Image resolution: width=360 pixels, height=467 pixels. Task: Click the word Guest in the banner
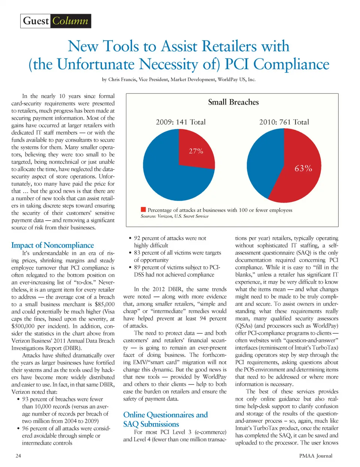pyautogui.click(x=36, y=21)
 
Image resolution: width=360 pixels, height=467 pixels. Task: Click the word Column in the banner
pyautogui.click(x=70, y=21)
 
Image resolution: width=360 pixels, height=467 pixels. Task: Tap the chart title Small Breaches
pyautogui.click(x=233, y=102)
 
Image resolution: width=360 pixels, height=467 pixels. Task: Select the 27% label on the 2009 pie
pyautogui.click(x=196, y=151)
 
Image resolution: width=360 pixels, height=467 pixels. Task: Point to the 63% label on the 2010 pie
pyautogui.click(x=303, y=168)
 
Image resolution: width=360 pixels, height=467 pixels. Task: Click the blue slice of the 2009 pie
pyautogui.click(x=169, y=176)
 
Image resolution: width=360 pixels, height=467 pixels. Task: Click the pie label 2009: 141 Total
pyautogui.click(x=181, y=122)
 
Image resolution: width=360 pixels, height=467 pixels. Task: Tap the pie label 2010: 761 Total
pyautogui.click(x=284, y=122)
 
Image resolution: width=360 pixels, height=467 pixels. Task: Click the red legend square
pyautogui.click(x=143, y=209)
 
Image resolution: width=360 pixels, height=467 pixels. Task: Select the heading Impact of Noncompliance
pyautogui.click(x=52, y=245)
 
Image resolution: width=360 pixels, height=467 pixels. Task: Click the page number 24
pyautogui.click(x=18, y=456)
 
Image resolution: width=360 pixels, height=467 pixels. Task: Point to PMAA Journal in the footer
pyautogui.click(x=316, y=456)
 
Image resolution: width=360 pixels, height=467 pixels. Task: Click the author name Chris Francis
pyautogui.click(x=122, y=80)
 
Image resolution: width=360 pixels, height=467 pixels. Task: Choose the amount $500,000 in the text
pyautogui.click(x=23, y=326)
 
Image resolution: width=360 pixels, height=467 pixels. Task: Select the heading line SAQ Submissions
pyautogui.click(x=151, y=424)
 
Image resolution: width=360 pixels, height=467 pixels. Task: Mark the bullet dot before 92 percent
pyautogui.click(x=130, y=238)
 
